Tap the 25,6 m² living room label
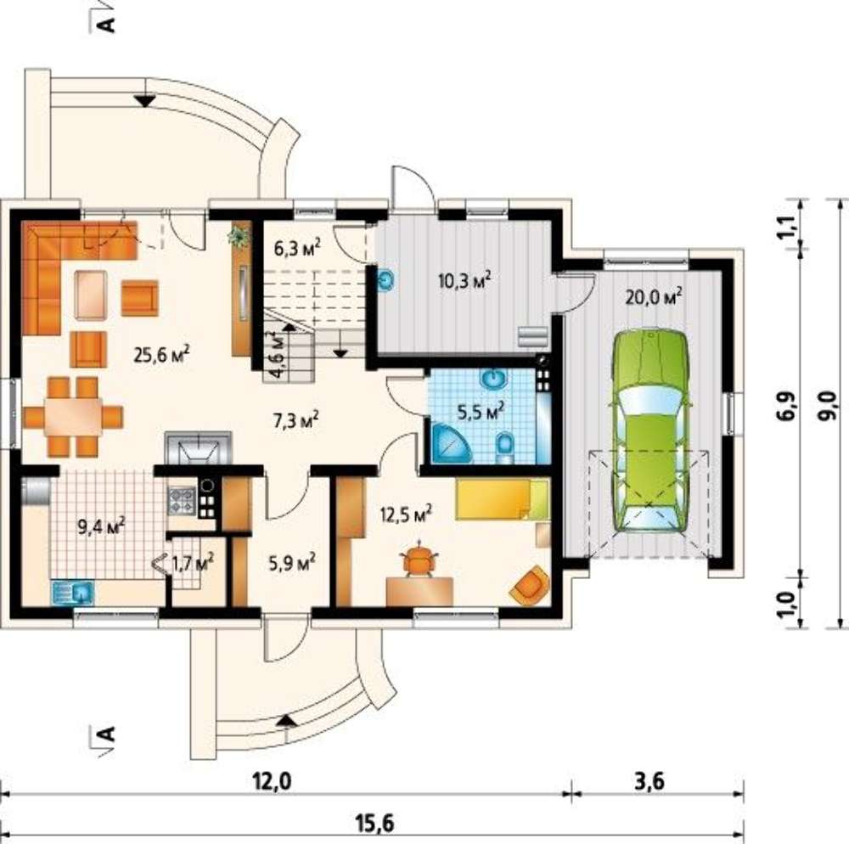point(161,355)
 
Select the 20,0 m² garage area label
point(653,296)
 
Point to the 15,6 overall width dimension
point(374,824)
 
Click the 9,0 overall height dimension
point(829,406)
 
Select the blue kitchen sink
point(73,591)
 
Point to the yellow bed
point(503,499)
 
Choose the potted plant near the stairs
point(239,236)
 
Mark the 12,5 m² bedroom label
point(406,514)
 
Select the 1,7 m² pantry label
point(192,563)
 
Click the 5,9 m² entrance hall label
point(293,563)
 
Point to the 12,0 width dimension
point(272,782)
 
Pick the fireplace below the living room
point(198,447)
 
